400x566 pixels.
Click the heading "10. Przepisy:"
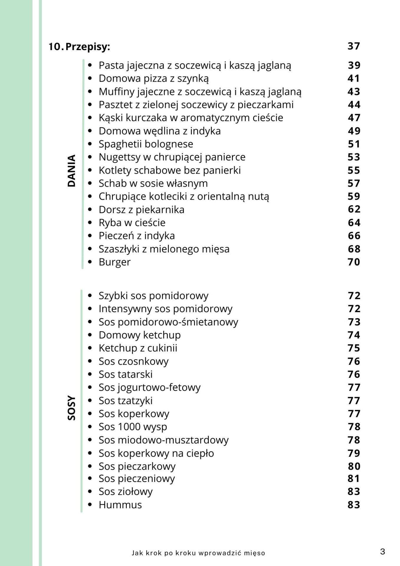pyautogui.click(x=79, y=47)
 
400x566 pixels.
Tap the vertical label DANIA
pyautogui.click(x=72, y=171)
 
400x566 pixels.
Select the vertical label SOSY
pyautogui.click(x=72, y=408)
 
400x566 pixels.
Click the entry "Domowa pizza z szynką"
pyautogui.click(x=154, y=78)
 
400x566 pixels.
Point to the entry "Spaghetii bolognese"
pyautogui.click(x=146, y=144)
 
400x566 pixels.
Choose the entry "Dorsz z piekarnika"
pyautogui.click(x=141, y=210)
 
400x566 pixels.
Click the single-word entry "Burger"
pyautogui.click(x=114, y=262)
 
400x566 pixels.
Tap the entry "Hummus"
pyautogui.click(x=120, y=505)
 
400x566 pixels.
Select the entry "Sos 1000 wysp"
pyautogui.click(x=133, y=427)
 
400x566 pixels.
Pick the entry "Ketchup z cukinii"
pyautogui.click(x=138, y=348)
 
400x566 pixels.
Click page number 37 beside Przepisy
pyautogui.click(x=354, y=46)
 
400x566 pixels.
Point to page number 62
pyautogui.click(x=354, y=209)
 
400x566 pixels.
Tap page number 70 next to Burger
pyautogui.click(x=354, y=262)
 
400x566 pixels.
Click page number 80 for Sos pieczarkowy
pyautogui.click(x=354, y=466)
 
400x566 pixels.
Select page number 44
pyautogui.click(x=354, y=105)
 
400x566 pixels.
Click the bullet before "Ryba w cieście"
pyautogui.click(x=90, y=223)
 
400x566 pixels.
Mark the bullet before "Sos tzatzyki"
pyautogui.click(x=90, y=401)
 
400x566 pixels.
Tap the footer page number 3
pyautogui.click(x=383, y=552)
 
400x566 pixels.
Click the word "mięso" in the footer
pyautogui.click(x=254, y=553)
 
